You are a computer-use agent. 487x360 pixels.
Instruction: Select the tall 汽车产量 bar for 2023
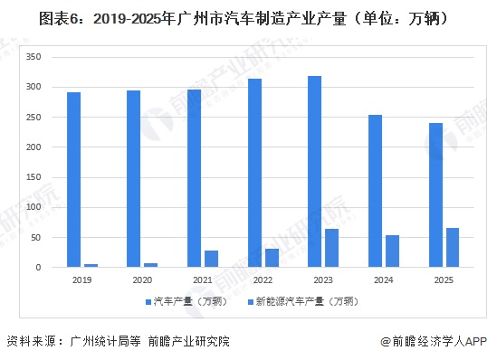[314, 172]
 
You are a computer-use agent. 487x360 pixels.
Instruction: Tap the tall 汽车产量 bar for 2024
[375, 191]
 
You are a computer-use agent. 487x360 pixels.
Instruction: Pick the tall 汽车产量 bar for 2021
[194, 178]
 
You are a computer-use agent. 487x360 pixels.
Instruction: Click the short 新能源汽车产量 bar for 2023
[332, 248]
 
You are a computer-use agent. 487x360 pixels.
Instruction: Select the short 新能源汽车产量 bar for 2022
[272, 258]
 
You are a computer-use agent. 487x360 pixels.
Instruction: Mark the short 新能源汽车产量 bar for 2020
[151, 265]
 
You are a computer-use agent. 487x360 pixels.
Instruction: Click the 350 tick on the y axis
[34, 57]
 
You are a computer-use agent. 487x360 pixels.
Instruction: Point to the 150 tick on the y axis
[34, 177]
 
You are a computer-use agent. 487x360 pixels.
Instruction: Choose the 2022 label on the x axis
[263, 280]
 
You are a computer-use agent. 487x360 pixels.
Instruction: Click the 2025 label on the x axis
[444, 280]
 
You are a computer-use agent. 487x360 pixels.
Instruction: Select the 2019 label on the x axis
[82, 280]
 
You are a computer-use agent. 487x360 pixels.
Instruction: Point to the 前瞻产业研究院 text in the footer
[190, 342]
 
